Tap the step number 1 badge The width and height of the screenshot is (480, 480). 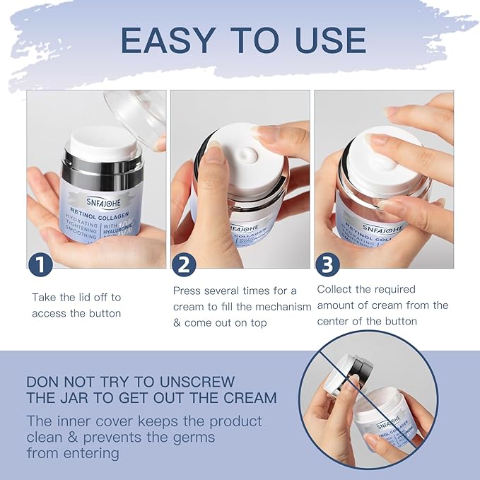click(x=40, y=264)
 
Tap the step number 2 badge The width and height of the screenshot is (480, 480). click(x=184, y=264)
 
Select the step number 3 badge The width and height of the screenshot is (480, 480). click(x=327, y=264)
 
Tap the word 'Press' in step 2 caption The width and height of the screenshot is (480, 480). click(x=189, y=291)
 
